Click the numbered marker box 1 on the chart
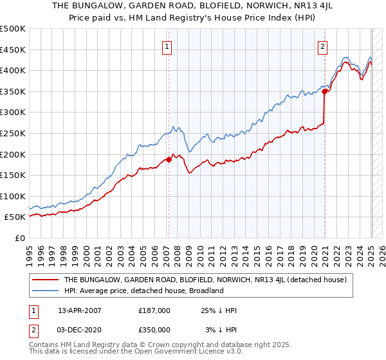coord(167,46)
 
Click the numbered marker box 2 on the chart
coord(322,46)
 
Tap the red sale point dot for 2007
coord(169,159)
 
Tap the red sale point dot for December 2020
coord(325,91)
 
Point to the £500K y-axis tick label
coord(13,29)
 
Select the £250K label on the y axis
coord(13,133)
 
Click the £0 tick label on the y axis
coord(21,238)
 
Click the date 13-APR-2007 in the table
coord(80,310)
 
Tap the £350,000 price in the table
coord(154,330)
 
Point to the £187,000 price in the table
coord(154,310)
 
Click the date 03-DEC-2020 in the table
coord(80,330)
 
